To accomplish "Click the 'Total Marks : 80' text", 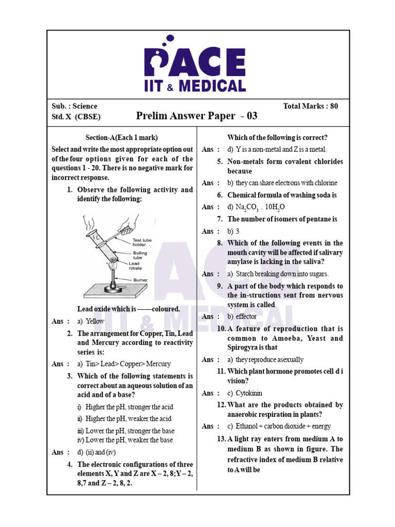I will click(310, 106).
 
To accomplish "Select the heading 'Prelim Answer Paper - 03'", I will click(196, 116).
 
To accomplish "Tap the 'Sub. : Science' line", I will click(75, 106).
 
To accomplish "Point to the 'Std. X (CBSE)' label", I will click(76, 117).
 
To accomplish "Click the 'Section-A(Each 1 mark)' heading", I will click(121, 137).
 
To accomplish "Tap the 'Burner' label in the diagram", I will click(139, 280).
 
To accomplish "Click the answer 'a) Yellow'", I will click(91, 321).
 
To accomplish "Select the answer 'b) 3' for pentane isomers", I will click(234, 232).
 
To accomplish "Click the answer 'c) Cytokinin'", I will click(248, 393).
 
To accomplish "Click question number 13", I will click(221, 439).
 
